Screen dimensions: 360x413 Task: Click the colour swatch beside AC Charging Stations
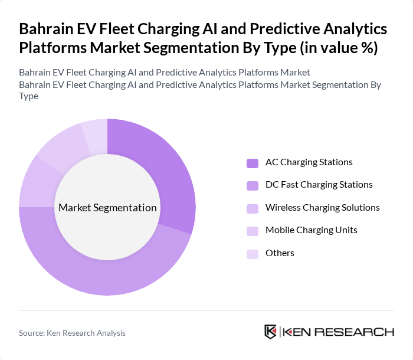253,163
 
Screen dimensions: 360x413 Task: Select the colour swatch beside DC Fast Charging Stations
253,185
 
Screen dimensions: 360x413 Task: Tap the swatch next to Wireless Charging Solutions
253,208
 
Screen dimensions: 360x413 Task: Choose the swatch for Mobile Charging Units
253,230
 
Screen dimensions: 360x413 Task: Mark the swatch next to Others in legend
253,253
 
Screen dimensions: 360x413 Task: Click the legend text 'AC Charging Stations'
309,162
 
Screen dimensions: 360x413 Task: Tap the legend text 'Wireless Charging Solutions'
322,207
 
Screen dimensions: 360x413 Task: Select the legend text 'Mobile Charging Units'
311,230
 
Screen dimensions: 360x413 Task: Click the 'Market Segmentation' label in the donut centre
107,208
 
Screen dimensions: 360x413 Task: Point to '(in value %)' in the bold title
339,47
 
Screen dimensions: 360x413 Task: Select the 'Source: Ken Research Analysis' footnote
72,333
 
